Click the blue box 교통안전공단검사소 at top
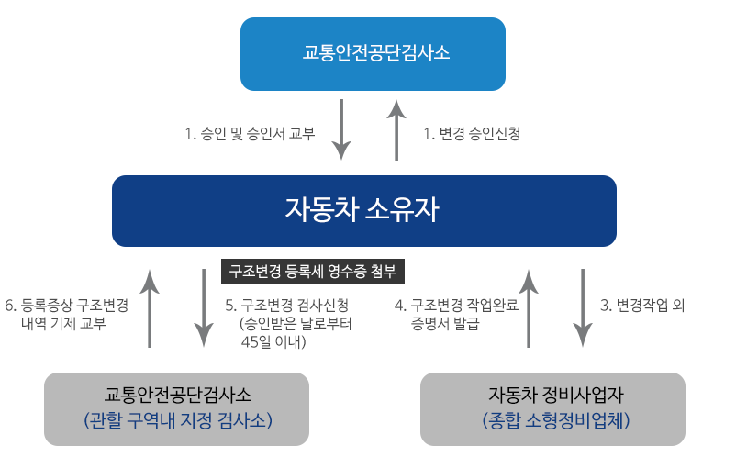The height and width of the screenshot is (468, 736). tap(373, 53)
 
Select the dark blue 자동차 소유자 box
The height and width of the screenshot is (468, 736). tap(363, 211)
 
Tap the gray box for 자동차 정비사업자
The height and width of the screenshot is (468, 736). tap(552, 408)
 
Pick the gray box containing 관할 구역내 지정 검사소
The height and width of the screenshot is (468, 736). tap(177, 408)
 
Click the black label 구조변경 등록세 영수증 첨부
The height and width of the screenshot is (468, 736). tap(313, 272)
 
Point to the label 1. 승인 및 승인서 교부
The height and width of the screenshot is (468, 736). tap(250, 134)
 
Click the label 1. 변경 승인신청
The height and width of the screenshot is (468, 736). tap(472, 134)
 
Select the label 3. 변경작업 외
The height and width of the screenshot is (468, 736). tap(642, 305)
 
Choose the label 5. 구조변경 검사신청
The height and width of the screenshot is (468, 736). tap(286, 305)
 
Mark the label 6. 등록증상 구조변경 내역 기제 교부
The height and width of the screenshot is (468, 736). tap(66, 314)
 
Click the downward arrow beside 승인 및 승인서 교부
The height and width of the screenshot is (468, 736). tap(341, 129)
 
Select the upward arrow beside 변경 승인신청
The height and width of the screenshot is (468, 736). tap(396, 129)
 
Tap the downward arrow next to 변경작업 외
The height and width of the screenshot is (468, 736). tap(583, 308)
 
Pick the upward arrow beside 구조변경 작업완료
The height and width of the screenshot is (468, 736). tap(529, 308)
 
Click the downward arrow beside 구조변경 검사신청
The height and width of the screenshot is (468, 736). tap(204, 308)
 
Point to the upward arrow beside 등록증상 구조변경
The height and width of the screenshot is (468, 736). tap(150, 308)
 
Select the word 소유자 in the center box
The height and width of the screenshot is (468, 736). tap(403, 211)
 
